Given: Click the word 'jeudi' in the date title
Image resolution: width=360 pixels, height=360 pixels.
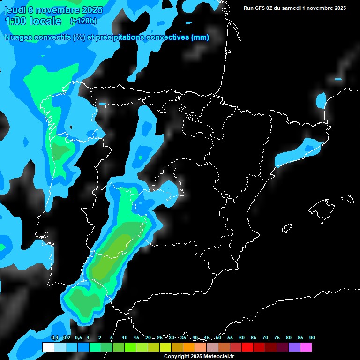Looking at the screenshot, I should coord(15,10).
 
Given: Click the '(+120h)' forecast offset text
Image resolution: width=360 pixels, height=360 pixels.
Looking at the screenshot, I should coord(83,21).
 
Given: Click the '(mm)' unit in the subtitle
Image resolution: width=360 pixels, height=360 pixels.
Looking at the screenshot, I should coord(200,37).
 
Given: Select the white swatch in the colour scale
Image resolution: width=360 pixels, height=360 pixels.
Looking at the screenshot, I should coord(48,347).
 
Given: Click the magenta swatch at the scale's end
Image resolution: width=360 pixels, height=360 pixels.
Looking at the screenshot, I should coord(306,347).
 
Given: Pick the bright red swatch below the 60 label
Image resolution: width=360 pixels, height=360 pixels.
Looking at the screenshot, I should coord(247,347).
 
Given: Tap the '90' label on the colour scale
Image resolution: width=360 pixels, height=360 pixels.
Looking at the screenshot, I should coord(312,337).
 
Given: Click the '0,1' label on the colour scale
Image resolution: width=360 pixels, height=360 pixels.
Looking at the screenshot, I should coord(55,337).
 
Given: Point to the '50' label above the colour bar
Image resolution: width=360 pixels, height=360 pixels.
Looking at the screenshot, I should coord(218,337).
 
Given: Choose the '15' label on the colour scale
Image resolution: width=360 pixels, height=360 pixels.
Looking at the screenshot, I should coord(136,337).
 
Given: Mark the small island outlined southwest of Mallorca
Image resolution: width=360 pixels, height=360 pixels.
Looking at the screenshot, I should coord(287,228).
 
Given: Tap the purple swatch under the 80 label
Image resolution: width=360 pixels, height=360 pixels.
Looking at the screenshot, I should coord(294,347).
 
